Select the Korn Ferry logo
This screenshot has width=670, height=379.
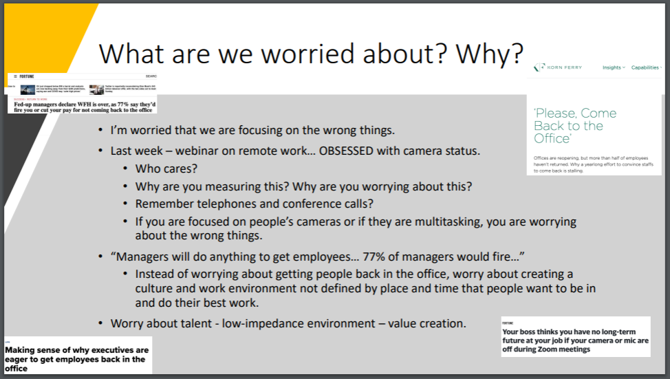(558, 67)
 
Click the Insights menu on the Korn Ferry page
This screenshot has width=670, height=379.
(612, 67)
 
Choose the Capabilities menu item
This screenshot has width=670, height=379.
(645, 67)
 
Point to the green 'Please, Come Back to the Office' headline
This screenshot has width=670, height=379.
(575, 125)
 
